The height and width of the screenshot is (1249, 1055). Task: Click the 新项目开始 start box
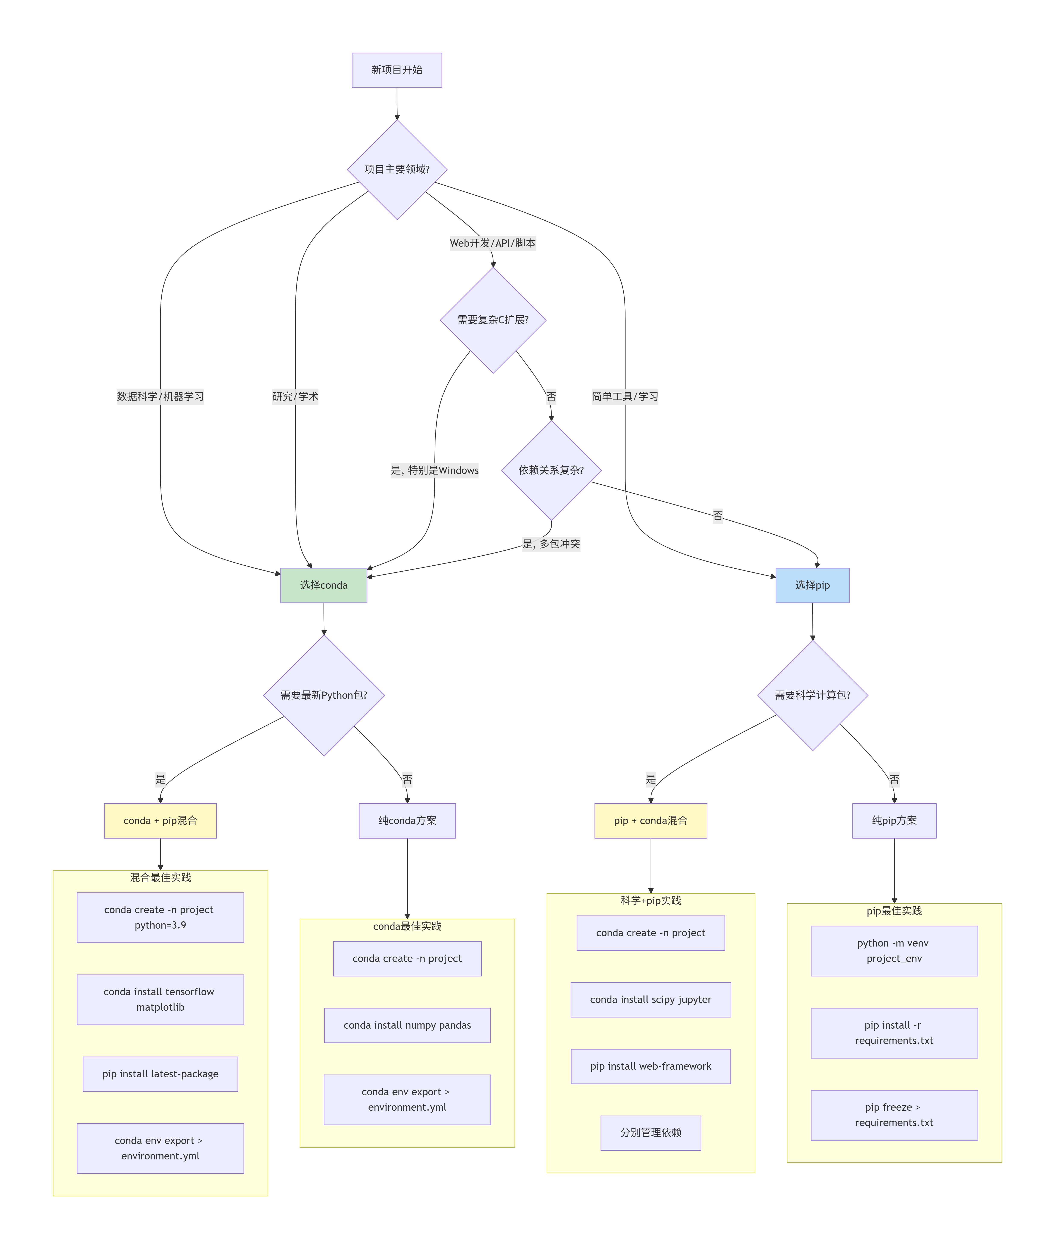pyautogui.click(x=397, y=70)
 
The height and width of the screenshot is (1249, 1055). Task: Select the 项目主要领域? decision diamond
pyautogui.click(x=397, y=169)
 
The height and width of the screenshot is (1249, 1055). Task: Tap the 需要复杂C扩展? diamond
pyautogui.click(x=493, y=320)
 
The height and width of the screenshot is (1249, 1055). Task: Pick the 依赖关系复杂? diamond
pyautogui.click(x=551, y=470)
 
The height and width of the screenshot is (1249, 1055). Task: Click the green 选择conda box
pyautogui.click(x=324, y=585)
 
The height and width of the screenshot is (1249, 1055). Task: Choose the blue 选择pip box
pyautogui.click(x=812, y=585)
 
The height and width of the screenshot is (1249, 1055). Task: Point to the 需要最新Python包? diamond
pyautogui.click(x=324, y=695)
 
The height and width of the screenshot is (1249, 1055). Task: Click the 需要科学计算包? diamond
pyautogui.click(x=812, y=695)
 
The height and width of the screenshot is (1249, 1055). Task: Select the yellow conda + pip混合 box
pyautogui.click(x=160, y=820)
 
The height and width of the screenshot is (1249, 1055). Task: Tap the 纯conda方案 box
pyautogui.click(x=407, y=820)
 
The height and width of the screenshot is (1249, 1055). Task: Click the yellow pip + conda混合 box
pyautogui.click(x=651, y=820)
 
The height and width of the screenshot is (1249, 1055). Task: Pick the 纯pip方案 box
pyautogui.click(x=894, y=820)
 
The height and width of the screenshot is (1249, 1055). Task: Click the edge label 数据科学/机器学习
pyautogui.click(x=160, y=396)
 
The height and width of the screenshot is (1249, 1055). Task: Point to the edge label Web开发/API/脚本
pyautogui.click(x=493, y=243)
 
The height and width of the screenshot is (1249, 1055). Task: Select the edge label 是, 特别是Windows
pyautogui.click(x=435, y=470)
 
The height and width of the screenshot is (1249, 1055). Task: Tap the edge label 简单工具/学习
pyautogui.click(x=625, y=396)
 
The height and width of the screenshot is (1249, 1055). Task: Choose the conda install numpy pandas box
pyautogui.click(x=407, y=1025)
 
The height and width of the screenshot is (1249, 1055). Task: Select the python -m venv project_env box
pyautogui.click(x=894, y=951)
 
